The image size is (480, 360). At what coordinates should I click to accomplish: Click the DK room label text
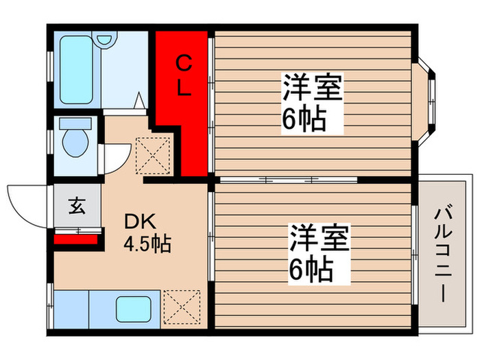pos(141,222)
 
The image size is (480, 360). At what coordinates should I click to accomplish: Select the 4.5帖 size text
pos(147,243)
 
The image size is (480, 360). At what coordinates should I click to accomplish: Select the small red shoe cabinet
pos(73,239)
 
